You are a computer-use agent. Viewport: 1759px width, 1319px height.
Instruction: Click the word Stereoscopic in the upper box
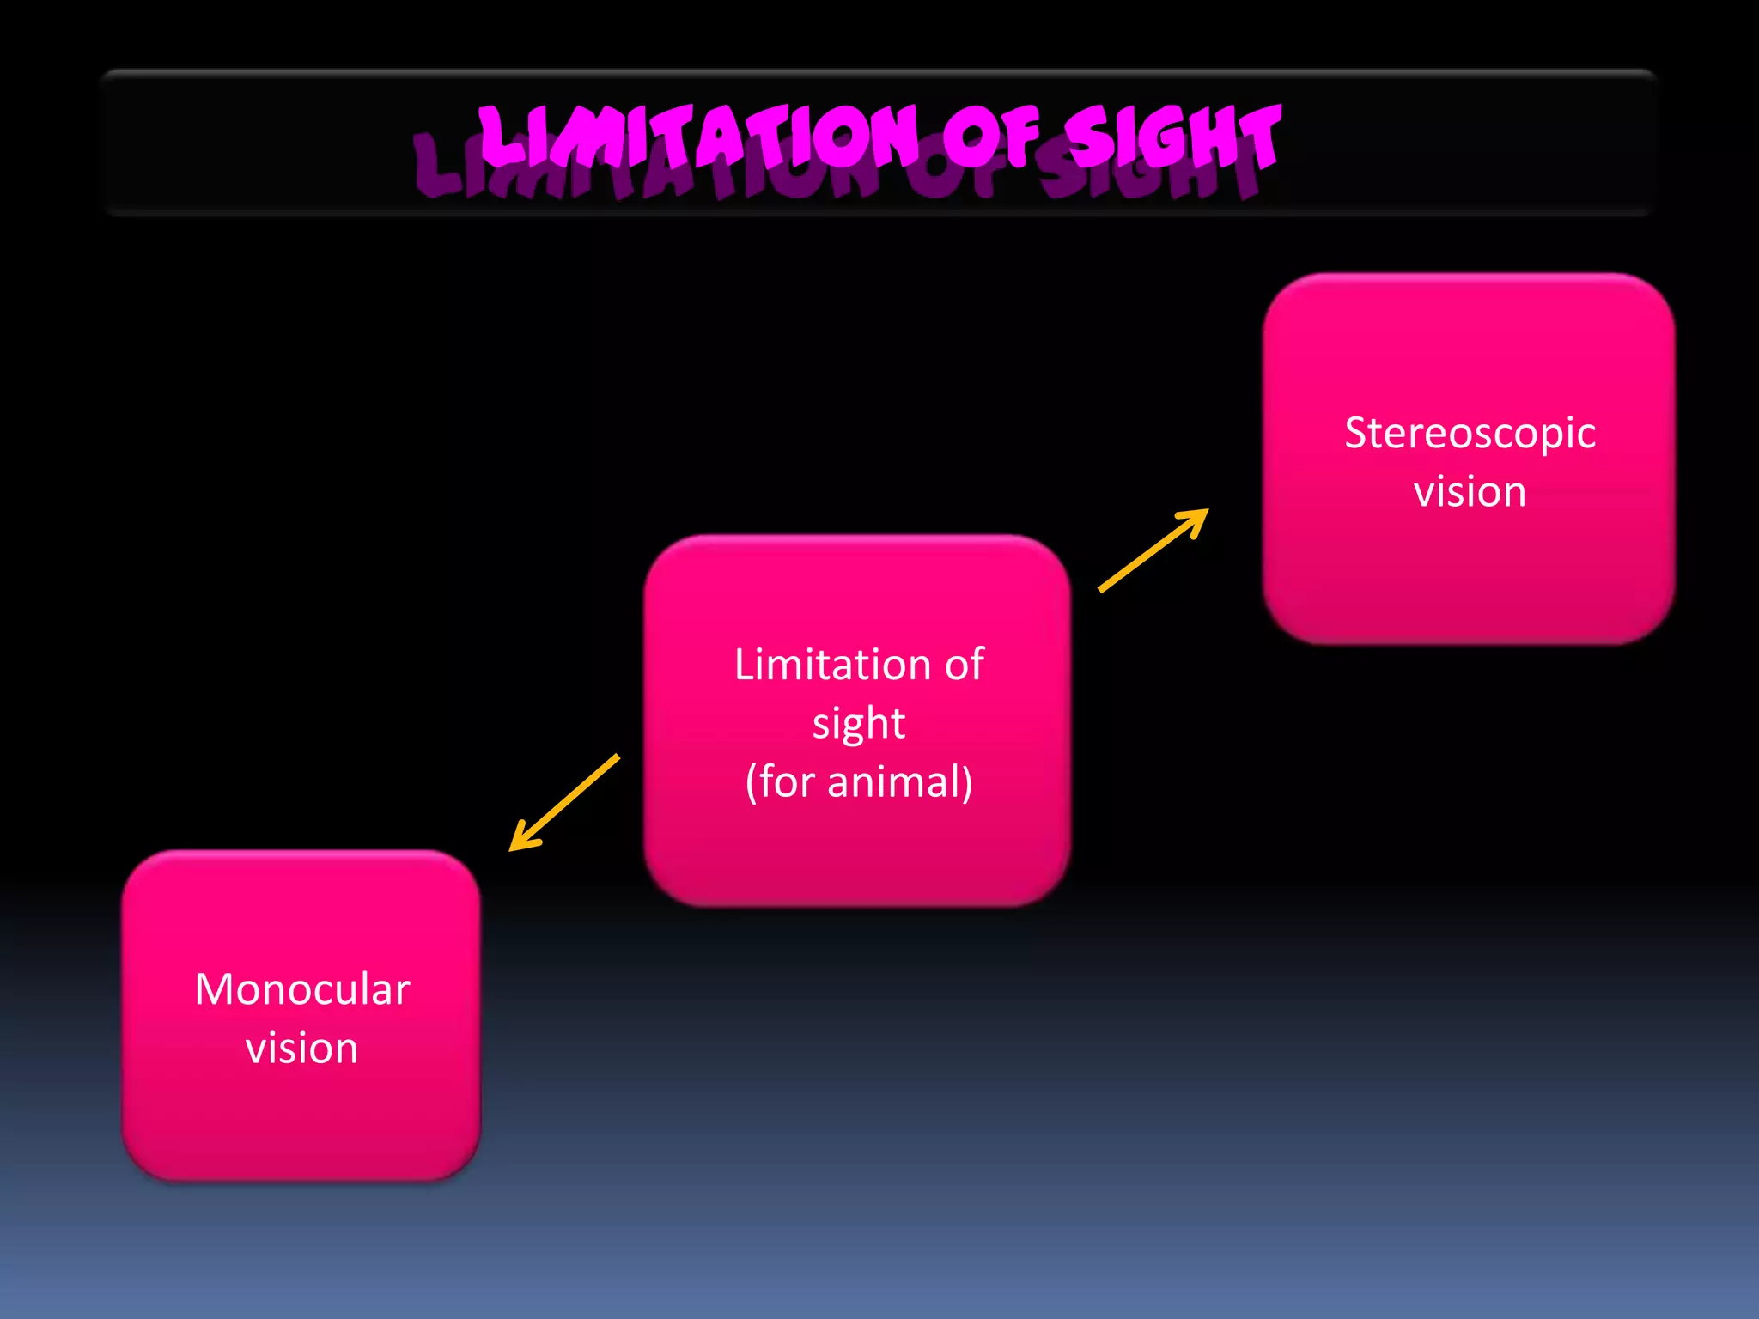click(x=1470, y=434)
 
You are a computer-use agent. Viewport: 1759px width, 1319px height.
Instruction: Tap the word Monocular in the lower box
click(x=302, y=989)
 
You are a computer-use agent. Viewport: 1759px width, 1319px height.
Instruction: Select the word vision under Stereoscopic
click(x=1470, y=492)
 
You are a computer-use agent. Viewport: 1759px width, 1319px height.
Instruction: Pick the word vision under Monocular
click(x=301, y=1049)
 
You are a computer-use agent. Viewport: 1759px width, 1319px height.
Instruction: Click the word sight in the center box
click(x=858, y=723)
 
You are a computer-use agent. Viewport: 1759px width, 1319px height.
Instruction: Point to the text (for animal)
click(x=858, y=781)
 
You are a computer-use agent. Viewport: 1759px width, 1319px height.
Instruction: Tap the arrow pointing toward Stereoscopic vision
click(x=1153, y=550)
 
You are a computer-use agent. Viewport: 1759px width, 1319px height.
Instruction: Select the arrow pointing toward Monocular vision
click(x=564, y=803)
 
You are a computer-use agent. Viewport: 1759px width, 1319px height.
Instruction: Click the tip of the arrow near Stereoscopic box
click(x=1204, y=513)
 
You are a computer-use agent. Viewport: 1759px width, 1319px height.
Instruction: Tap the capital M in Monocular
click(x=213, y=989)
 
